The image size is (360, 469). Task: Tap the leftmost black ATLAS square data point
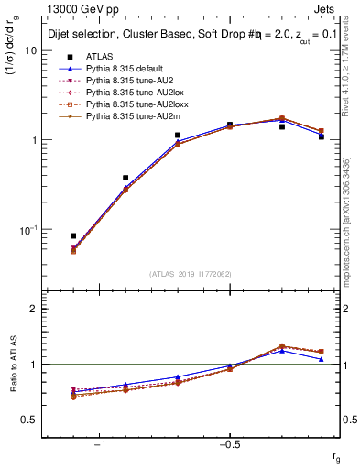[73, 235]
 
